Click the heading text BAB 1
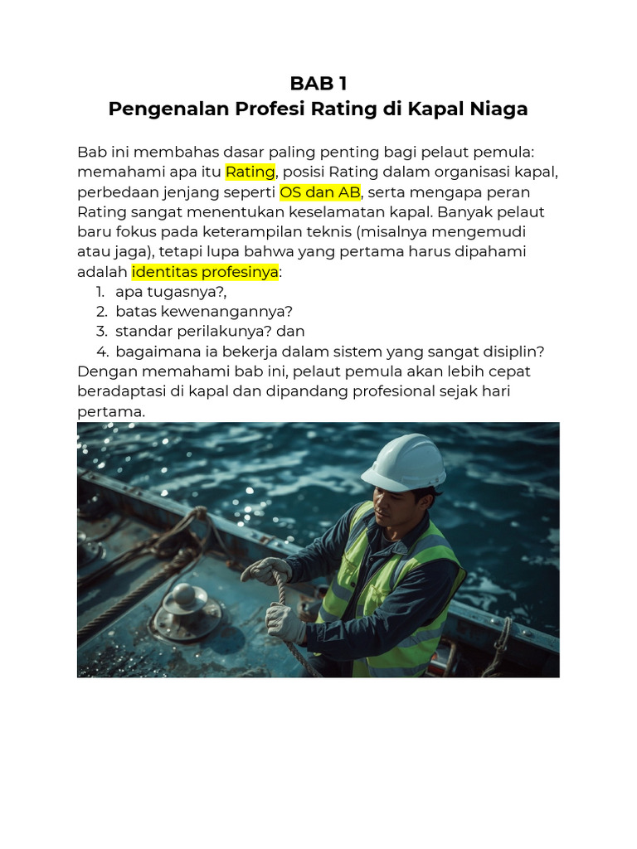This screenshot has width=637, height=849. [318, 84]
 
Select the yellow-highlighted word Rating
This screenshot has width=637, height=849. [250, 172]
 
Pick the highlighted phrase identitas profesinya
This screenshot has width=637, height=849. [205, 271]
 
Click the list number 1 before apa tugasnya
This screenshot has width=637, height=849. [100, 291]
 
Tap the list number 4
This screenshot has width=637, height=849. [102, 351]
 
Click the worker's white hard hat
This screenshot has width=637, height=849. [404, 462]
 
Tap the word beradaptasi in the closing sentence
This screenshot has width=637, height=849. [122, 391]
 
